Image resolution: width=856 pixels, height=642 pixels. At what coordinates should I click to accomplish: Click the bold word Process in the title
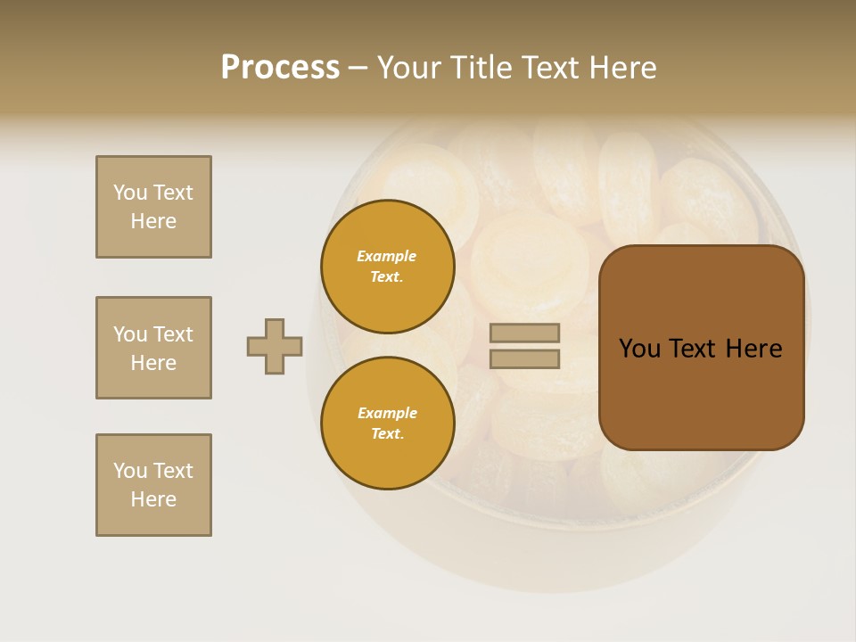click(x=280, y=68)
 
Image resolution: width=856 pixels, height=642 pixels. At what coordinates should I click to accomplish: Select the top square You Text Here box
click(x=153, y=207)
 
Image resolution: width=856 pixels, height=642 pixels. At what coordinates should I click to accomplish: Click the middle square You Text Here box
click(x=153, y=348)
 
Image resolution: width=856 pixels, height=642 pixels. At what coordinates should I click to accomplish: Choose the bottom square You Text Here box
click(x=153, y=485)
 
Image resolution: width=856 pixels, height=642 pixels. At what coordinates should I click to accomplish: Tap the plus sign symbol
click(x=275, y=346)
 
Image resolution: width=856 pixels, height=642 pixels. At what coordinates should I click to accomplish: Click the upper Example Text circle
click(x=387, y=267)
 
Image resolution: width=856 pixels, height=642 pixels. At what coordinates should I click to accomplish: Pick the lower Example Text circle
click(x=387, y=424)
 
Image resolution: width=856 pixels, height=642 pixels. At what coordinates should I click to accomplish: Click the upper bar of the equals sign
click(x=524, y=333)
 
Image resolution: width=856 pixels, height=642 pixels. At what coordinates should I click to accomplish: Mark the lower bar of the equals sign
click(x=524, y=359)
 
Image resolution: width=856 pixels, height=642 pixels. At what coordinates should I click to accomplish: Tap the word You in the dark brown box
click(x=640, y=349)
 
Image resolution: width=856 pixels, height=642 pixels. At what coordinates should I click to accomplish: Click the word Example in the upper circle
click(x=387, y=256)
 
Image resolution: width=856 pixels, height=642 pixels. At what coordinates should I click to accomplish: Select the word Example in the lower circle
click(x=387, y=413)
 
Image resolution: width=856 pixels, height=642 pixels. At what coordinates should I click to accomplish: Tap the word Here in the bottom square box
click(x=153, y=499)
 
